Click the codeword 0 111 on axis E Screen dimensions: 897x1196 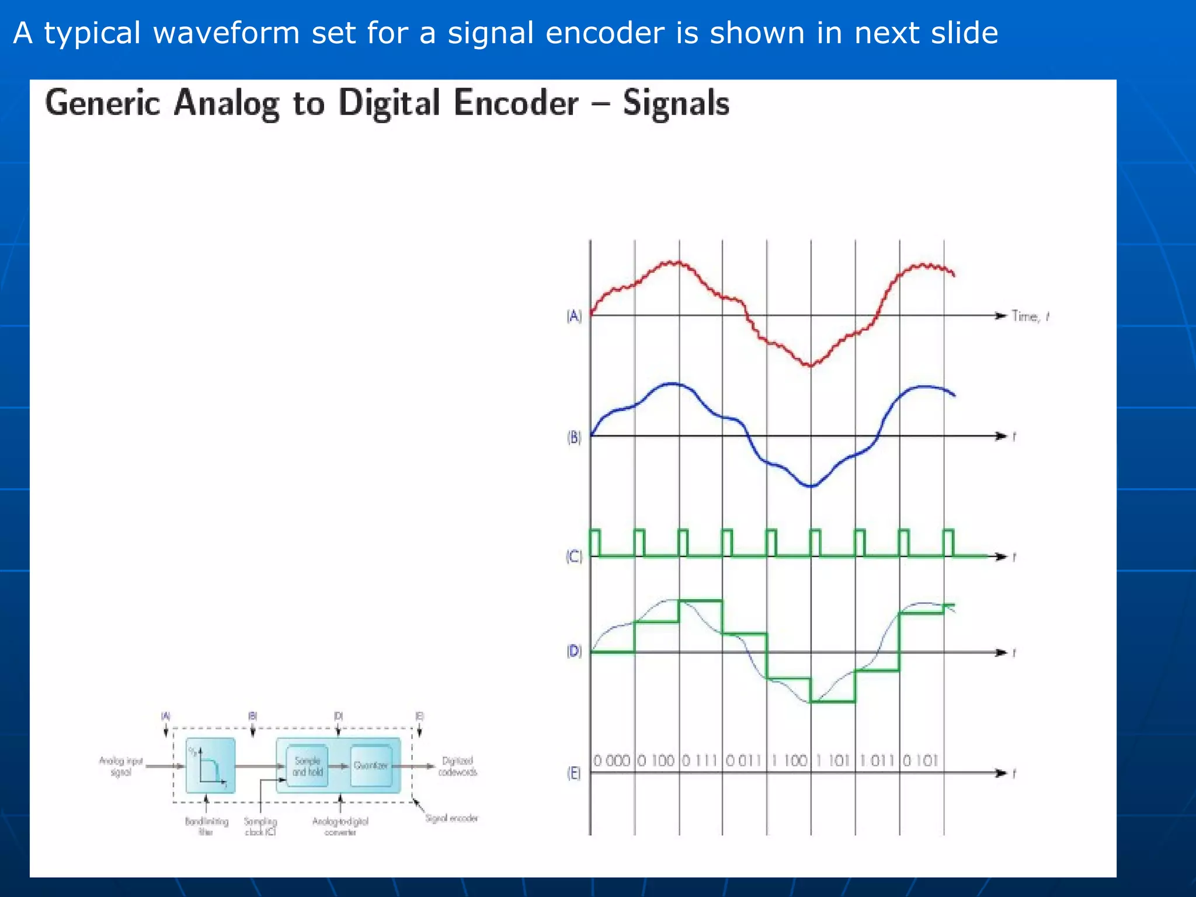pyautogui.click(x=700, y=760)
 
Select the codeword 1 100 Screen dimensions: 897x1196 pyautogui.click(x=788, y=760)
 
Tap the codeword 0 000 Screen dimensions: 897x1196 pyautogui.click(x=611, y=760)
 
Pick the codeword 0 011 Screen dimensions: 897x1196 pyautogui.click(x=744, y=760)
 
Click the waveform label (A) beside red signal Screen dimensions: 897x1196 pyautogui.click(x=574, y=316)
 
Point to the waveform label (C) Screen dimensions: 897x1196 pyautogui.click(x=574, y=557)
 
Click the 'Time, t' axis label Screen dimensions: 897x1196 pyautogui.click(x=1030, y=317)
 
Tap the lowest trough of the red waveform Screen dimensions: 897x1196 pyautogui.click(x=811, y=365)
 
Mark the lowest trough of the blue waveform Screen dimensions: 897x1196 pyautogui.click(x=811, y=486)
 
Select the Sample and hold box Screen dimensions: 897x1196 pyautogui.click(x=307, y=766)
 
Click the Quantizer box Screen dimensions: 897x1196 pyautogui.click(x=370, y=766)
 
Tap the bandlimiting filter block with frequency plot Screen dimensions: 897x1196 pyautogui.click(x=210, y=766)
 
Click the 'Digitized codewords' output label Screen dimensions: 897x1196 pyautogui.click(x=458, y=766)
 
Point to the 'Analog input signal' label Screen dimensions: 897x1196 pyautogui.click(x=121, y=766)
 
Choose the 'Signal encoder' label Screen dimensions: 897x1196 pyautogui.click(x=451, y=818)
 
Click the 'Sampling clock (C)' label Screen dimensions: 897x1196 pyautogui.click(x=260, y=826)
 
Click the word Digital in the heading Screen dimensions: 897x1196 pyautogui.click(x=389, y=103)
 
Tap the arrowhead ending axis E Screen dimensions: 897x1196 pyautogui.click(x=1002, y=773)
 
